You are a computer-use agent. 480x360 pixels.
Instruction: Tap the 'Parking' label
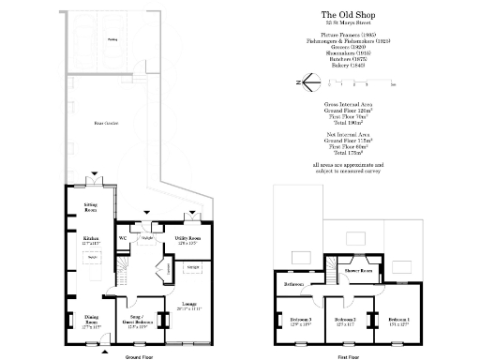coord(112,40)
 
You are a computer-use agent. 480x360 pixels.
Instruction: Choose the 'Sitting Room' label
coord(91,208)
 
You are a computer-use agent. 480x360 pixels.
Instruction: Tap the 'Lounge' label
coord(187,305)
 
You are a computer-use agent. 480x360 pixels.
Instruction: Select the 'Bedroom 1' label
coord(398,320)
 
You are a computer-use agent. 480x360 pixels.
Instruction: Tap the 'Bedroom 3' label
coord(300,320)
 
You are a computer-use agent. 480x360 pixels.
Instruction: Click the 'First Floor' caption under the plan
coord(350,355)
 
